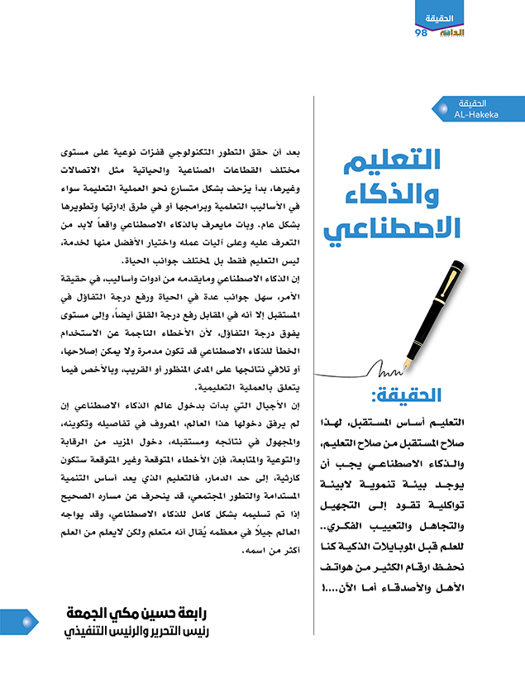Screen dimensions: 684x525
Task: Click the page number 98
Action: click(x=420, y=32)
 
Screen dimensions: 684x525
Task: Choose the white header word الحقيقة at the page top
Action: click(x=444, y=18)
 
